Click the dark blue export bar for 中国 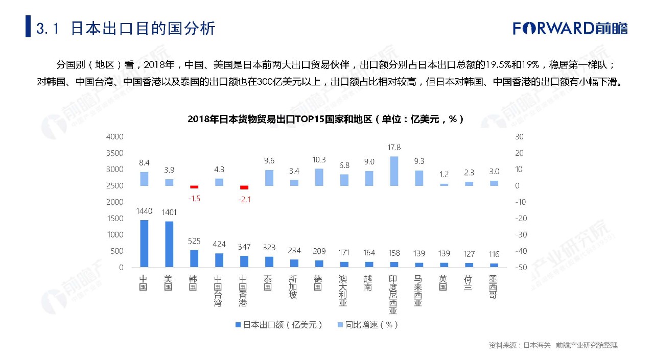coord(144,244)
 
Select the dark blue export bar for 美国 coord(169,244)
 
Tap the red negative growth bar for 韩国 coord(194,187)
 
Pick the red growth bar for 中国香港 coord(244,187)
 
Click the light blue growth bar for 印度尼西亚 coord(394,171)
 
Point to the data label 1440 coord(144,210)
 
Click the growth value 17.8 coord(394,148)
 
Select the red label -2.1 coord(244,200)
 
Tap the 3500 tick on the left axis coord(114,153)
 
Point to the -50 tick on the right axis coord(520,268)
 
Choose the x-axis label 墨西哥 coord(493,287)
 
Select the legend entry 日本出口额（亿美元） coord(279,325)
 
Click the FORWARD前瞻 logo coord(570,28)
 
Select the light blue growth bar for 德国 coord(319,177)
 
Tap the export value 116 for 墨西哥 coord(493,254)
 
